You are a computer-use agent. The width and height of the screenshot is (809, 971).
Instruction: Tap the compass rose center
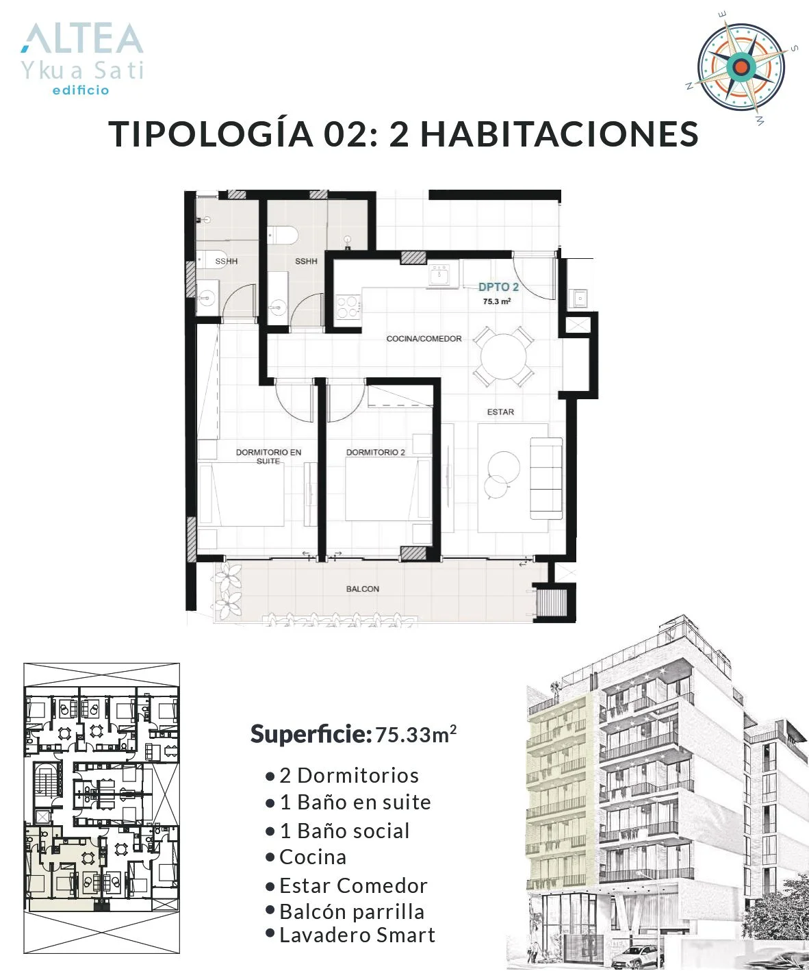pyautogui.click(x=742, y=67)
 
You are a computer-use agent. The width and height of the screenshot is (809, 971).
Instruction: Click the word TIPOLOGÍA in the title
pyautogui.click(x=211, y=134)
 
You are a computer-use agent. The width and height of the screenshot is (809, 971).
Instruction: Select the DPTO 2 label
pyautogui.click(x=498, y=287)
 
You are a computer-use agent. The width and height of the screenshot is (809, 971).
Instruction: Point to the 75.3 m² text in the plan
pyautogui.click(x=497, y=301)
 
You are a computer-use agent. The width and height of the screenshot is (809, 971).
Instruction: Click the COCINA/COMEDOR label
pyautogui.click(x=424, y=338)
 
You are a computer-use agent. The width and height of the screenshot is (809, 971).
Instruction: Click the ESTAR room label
pyautogui.click(x=500, y=412)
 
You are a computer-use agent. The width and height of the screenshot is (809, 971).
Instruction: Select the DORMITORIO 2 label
pyautogui.click(x=375, y=452)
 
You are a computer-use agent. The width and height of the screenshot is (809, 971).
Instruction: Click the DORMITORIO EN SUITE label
pyautogui.click(x=268, y=456)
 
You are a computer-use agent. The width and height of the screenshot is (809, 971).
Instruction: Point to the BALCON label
pyautogui.click(x=363, y=589)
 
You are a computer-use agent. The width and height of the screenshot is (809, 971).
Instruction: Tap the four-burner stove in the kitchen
pyautogui.click(x=348, y=307)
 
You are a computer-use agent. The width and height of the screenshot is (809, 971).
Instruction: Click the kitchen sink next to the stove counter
pyautogui.click(x=439, y=275)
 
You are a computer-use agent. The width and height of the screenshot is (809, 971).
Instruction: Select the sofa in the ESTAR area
pyautogui.click(x=546, y=478)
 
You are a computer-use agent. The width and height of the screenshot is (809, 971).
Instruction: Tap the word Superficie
pyautogui.click(x=311, y=735)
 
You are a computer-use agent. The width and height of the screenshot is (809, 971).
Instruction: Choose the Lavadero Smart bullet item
pyautogui.click(x=350, y=935)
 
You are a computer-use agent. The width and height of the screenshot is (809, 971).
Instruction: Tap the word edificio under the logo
pyautogui.click(x=81, y=90)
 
